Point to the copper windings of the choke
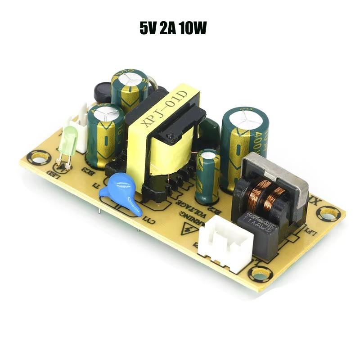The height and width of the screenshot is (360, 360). point(269,192)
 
